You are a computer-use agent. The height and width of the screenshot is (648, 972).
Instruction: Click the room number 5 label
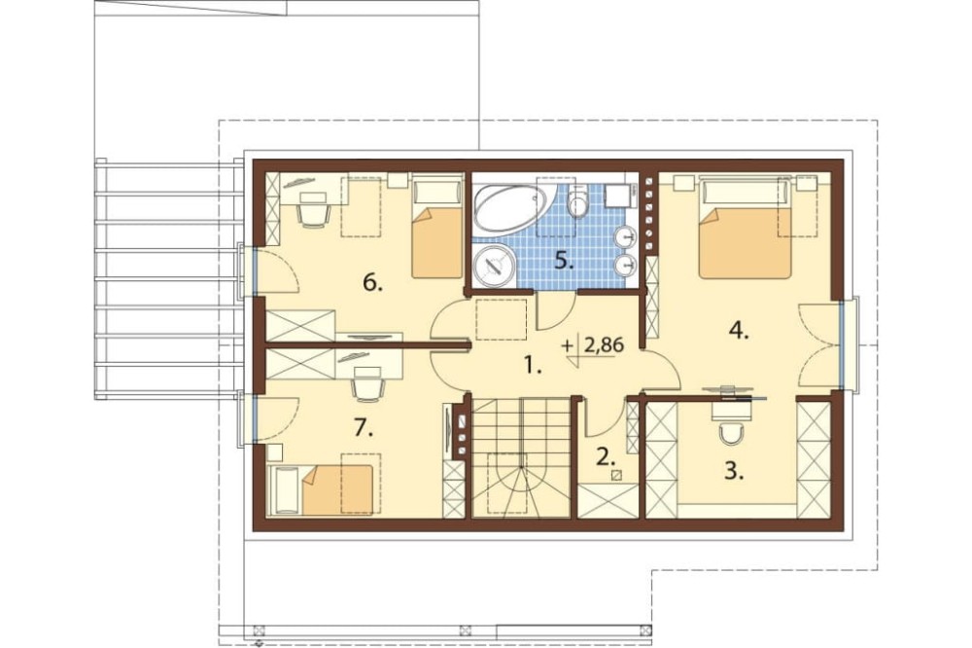(x=564, y=261)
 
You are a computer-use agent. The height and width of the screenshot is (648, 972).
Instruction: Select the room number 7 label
(x=364, y=427)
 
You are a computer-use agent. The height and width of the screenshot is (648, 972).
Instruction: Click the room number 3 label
(x=734, y=472)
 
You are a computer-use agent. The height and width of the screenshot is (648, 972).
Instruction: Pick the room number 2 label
(x=606, y=457)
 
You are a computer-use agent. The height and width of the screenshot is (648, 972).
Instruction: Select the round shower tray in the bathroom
(x=494, y=267)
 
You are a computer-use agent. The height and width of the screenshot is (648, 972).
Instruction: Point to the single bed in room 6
(x=437, y=227)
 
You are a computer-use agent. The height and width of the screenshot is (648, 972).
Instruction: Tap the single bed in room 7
(x=323, y=489)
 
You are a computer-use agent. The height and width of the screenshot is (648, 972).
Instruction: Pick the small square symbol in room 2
(x=616, y=476)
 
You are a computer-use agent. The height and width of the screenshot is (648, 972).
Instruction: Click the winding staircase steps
(x=521, y=457)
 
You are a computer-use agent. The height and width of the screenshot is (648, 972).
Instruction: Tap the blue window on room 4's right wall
(x=843, y=345)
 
